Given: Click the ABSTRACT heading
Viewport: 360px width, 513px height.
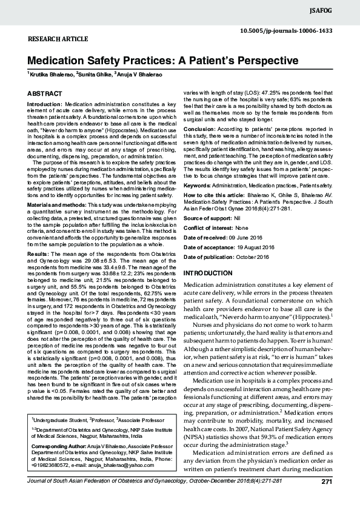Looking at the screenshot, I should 44,93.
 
